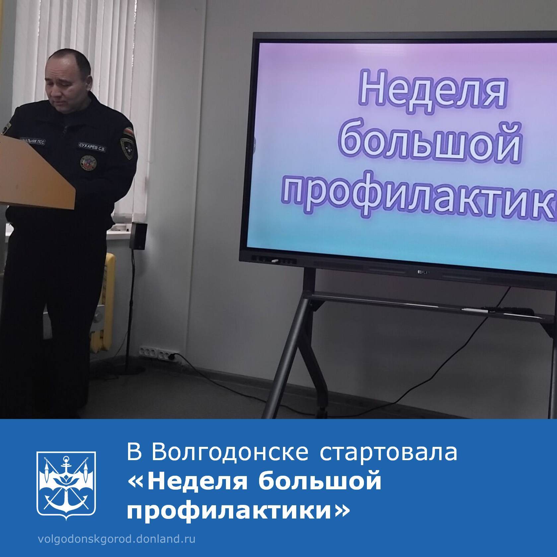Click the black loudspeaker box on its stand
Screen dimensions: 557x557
(138, 236)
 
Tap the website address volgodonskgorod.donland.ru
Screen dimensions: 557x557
(117, 539)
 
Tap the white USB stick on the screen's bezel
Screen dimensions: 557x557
(275, 262)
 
